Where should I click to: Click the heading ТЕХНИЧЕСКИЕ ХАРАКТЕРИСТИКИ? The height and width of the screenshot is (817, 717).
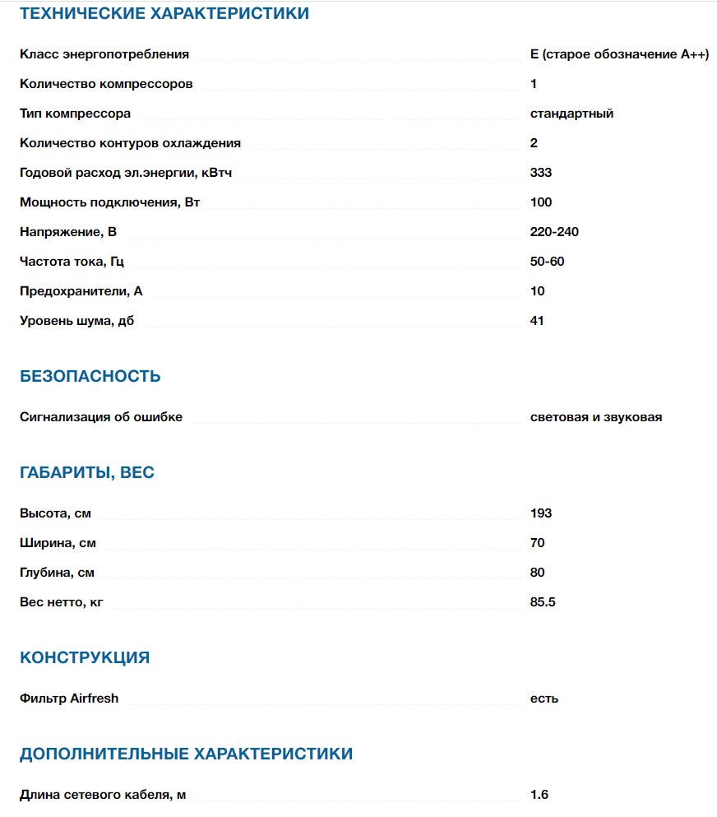(164, 13)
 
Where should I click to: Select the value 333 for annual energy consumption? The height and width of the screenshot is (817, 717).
(541, 173)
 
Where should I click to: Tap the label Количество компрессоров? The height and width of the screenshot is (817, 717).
(106, 84)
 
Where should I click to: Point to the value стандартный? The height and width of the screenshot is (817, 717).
(571, 114)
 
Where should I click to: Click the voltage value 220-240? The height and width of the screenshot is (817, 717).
(554, 232)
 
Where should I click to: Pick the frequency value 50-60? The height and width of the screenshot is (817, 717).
(548, 262)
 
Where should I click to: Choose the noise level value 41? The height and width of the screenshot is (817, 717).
(537, 321)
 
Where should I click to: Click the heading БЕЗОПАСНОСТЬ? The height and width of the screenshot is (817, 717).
(90, 377)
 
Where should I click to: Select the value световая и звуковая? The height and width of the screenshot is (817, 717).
(596, 417)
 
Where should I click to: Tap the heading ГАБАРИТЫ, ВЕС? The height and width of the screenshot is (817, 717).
(87, 473)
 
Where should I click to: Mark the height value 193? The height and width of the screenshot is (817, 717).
(541, 513)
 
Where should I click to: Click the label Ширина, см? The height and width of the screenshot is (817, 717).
(58, 543)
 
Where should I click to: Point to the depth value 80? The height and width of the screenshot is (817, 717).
(538, 573)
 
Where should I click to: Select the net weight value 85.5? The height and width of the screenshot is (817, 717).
(544, 602)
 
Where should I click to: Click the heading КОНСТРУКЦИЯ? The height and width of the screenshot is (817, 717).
(85, 658)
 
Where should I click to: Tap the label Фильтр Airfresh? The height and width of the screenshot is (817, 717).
(69, 699)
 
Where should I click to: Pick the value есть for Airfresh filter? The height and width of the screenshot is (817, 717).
(544, 699)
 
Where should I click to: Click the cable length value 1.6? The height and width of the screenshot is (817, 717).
(539, 795)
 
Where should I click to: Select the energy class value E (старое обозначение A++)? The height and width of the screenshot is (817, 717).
(619, 54)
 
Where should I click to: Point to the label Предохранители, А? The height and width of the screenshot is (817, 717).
(81, 291)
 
